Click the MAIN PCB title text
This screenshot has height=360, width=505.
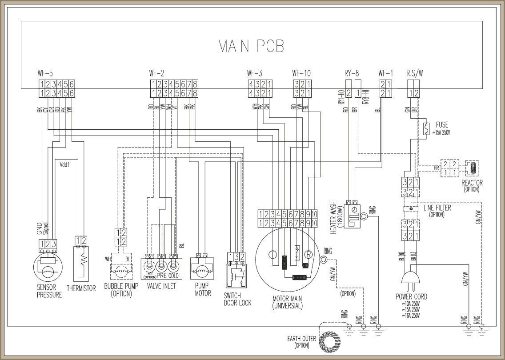pos(251,46)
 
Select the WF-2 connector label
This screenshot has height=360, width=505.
pos(156,73)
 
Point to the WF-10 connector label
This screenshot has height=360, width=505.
pos(301,73)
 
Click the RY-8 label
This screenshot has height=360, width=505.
pos(351,73)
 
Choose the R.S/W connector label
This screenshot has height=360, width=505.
pos(415,73)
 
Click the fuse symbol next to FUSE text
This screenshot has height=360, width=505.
pos(426,128)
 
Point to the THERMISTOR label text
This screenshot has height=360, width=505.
pos(81,288)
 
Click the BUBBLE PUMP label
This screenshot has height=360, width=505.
pos(121,289)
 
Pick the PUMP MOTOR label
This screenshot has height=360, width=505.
pos(203,289)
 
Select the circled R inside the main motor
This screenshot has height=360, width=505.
pos(307,255)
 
